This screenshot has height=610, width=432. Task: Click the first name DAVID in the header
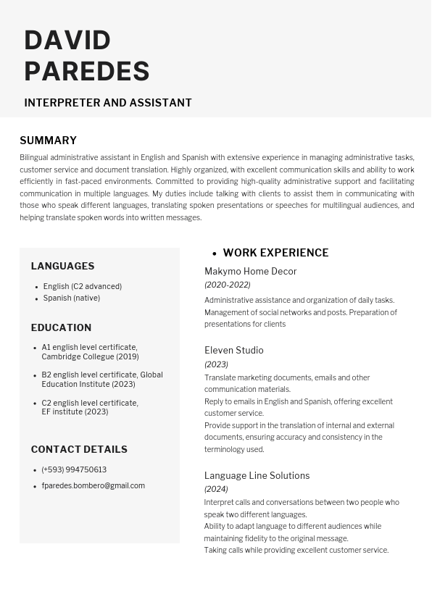pyautogui.click(x=67, y=41)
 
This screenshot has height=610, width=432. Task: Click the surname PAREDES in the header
pyautogui.click(x=87, y=72)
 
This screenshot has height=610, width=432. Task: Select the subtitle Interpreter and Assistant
pyautogui.click(x=108, y=103)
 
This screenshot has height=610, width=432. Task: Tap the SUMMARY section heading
pyautogui.click(x=48, y=141)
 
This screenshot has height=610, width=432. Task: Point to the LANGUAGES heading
pyautogui.click(x=62, y=266)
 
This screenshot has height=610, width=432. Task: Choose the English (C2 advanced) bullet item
pyautogui.click(x=82, y=286)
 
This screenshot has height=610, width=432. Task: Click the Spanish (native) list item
pyautogui.click(x=71, y=298)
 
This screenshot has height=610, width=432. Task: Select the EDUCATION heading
pyautogui.click(x=61, y=327)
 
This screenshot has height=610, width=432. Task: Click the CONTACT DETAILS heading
pyautogui.click(x=79, y=449)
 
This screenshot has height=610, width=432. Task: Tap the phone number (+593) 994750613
pyautogui.click(x=74, y=469)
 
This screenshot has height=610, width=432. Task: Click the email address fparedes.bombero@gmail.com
pyautogui.click(x=93, y=485)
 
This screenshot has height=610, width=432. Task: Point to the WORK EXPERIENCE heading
pyautogui.click(x=275, y=253)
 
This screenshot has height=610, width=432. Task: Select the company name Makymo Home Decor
pyautogui.click(x=250, y=271)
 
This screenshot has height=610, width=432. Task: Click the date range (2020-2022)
pyautogui.click(x=227, y=285)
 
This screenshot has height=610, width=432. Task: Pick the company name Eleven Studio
pyautogui.click(x=233, y=350)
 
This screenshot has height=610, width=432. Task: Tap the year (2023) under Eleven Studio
pyautogui.click(x=216, y=364)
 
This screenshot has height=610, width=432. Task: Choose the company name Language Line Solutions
pyautogui.click(x=257, y=475)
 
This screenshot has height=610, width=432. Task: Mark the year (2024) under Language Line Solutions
pyautogui.click(x=216, y=489)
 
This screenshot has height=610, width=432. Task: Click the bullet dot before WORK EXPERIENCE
pyautogui.click(x=215, y=254)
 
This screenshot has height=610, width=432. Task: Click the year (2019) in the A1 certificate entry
pyautogui.click(x=128, y=356)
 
